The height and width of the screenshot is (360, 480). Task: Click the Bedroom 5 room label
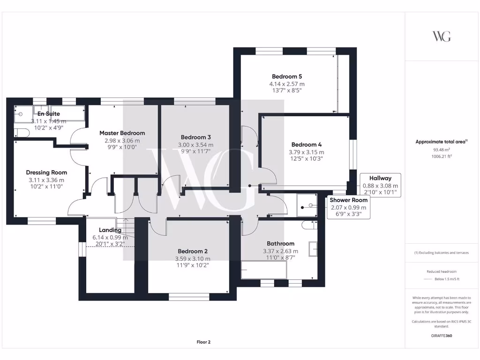click(284, 76)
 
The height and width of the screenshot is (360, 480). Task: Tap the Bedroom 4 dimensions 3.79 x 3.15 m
click(307, 152)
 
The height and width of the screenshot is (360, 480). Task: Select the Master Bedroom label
click(122, 133)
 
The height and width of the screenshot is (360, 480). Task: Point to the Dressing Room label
click(46, 172)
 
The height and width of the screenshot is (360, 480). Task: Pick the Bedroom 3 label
click(195, 137)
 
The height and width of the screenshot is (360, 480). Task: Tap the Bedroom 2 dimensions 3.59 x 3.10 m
click(192, 259)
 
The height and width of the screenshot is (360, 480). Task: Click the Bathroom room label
click(280, 244)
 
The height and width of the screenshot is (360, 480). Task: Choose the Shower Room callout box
click(347, 207)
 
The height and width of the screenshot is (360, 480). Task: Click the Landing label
click(110, 230)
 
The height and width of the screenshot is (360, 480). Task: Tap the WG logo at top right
click(442, 37)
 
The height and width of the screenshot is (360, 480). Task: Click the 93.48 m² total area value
click(442, 150)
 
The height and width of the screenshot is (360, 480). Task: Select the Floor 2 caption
click(203, 342)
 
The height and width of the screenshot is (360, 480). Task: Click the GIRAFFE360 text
click(442, 336)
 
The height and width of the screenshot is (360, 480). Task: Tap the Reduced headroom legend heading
click(442, 272)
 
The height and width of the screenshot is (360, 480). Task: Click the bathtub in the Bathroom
click(263, 270)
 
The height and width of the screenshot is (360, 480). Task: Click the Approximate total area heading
click(442, 142)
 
